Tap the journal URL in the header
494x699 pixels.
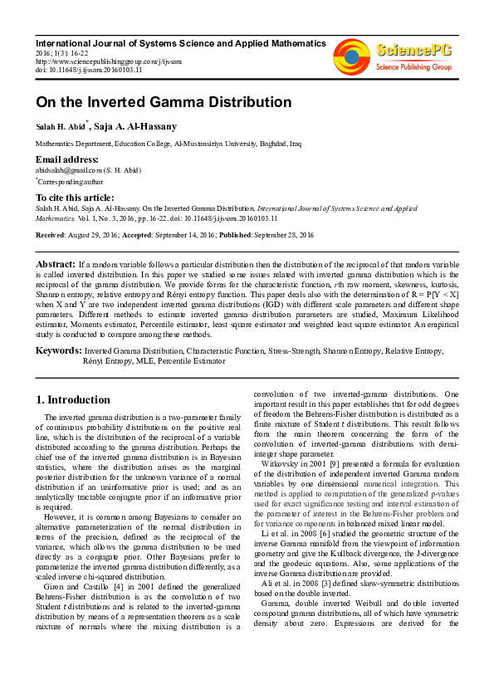tap(108, 61)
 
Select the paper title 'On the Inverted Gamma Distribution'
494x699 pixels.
tap(163, 103)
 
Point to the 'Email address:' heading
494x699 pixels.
tap(66, 159)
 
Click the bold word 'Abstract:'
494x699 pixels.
tap(55, 263)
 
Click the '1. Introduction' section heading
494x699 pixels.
tap(74, 399)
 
